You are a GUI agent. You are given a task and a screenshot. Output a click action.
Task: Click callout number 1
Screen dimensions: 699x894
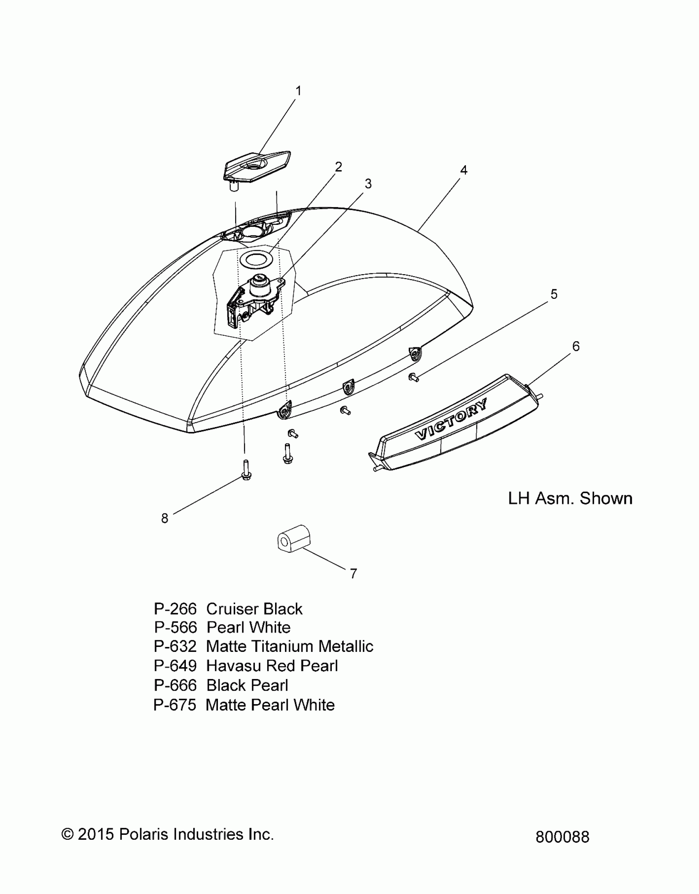299,91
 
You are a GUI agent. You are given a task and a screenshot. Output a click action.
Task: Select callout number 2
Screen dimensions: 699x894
338,167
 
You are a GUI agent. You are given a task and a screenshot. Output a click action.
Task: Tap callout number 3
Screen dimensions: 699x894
368,184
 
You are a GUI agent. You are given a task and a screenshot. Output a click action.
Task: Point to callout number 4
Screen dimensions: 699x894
464,170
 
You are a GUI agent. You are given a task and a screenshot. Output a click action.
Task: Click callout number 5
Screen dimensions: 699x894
554,294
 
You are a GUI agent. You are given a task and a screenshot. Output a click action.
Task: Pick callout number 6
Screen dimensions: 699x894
576,347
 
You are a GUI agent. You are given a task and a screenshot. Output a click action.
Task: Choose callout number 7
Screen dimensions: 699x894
353,573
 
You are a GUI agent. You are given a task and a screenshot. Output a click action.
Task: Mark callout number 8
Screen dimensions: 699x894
164,519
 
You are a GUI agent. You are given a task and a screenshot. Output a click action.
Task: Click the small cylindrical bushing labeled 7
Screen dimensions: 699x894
293,539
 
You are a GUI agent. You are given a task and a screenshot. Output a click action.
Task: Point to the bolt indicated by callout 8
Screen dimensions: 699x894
246,470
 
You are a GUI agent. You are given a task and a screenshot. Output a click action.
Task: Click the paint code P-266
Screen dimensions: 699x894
175,609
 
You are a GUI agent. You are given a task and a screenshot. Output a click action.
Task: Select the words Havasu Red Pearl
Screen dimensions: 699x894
272,666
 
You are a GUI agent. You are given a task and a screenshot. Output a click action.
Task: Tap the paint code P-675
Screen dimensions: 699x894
175,705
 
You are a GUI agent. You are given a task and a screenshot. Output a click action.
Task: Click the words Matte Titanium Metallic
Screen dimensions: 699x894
289,647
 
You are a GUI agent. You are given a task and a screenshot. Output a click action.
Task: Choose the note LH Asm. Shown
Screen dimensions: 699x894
570,499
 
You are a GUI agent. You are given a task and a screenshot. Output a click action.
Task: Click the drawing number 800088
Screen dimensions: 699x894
562,837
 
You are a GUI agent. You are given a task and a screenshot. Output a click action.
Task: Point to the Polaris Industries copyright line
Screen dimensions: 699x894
167,834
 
